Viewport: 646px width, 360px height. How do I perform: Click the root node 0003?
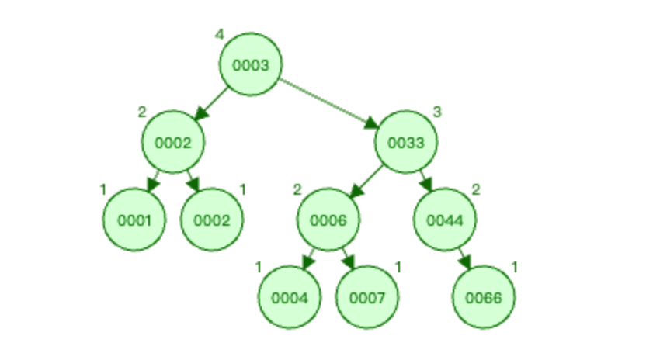[250, 65]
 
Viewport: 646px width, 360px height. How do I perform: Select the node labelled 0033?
[405, 142]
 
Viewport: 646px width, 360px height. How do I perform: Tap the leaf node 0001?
[134, 220]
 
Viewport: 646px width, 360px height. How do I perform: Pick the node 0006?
[328, 220]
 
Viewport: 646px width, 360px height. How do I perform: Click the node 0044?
[444, 220]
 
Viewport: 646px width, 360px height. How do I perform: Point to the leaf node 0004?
[289, 297]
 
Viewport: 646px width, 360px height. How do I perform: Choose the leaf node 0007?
[366, 297]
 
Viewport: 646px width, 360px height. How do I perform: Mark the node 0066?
[483, 297]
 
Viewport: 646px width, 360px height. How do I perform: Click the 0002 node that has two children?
[172, 142]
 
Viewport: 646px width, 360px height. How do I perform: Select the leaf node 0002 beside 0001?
[211, 220]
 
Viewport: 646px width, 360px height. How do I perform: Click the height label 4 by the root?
[220, 34]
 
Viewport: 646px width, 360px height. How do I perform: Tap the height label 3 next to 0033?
[437, 112]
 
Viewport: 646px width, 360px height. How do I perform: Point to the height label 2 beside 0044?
[476, 190]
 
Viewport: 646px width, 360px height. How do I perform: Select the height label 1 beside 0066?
[515, 268]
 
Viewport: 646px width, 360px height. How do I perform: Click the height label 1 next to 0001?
[102, 190]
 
